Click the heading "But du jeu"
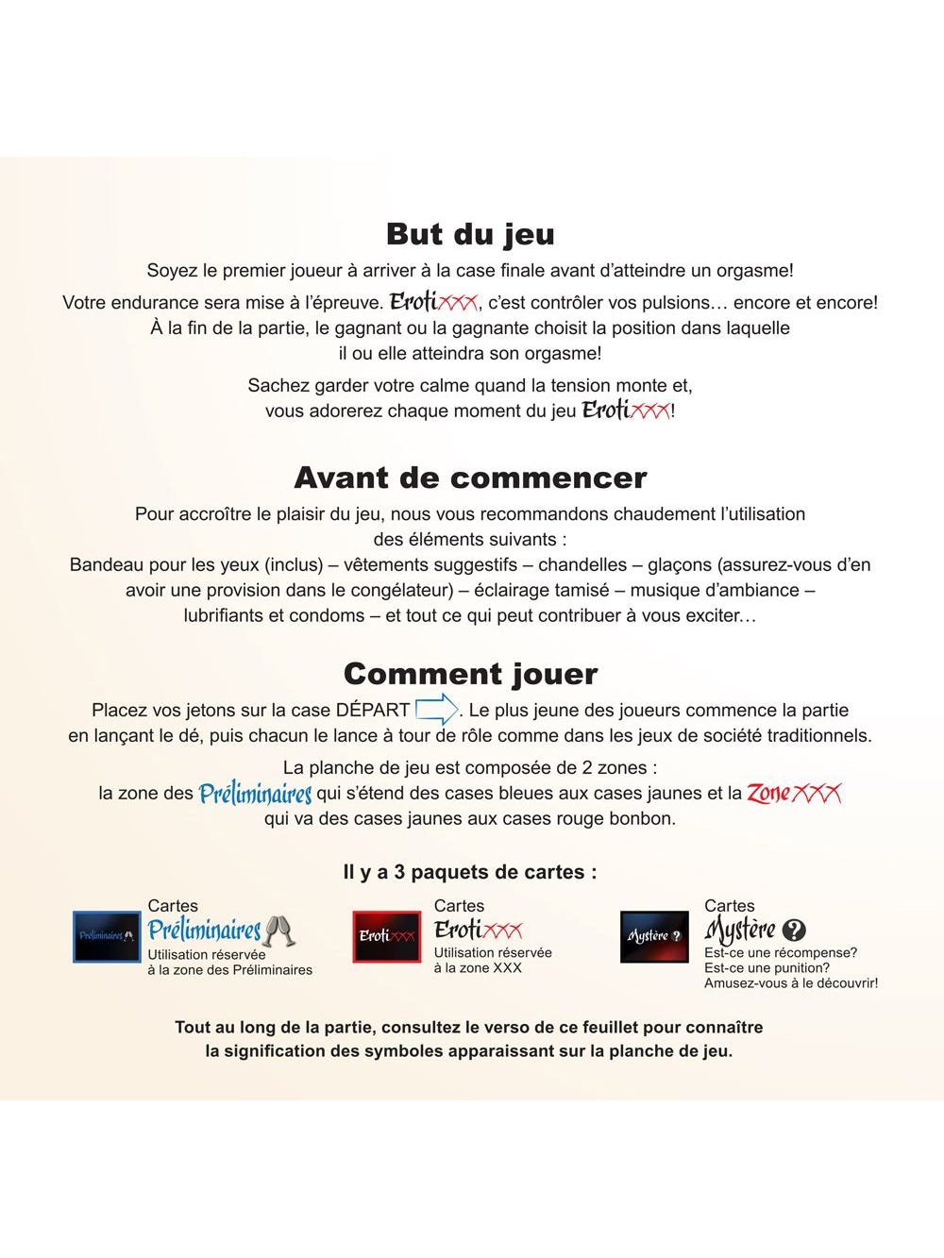click(x=470, y=234)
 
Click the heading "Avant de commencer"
click(x=470, y=478)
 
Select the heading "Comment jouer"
click(x=470, y=674)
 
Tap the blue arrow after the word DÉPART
click(x=436, y=709)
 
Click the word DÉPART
click(x=373, y=710)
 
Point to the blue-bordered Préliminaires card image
click(x=107, y=936)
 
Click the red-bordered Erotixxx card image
click(x=386, y=936)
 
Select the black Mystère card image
click(x=654, y=936)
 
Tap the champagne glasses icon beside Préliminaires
click(x=279, y=931)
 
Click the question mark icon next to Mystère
click(x=795, y=931)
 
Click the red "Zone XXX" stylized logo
click(x=794, y=793)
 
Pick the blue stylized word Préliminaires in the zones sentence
click(x=255, y=794)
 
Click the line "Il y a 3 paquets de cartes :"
click(x=470, y=872)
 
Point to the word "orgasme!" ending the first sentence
click(x=755, y=271)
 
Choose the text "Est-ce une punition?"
click(x=767, y=967)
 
